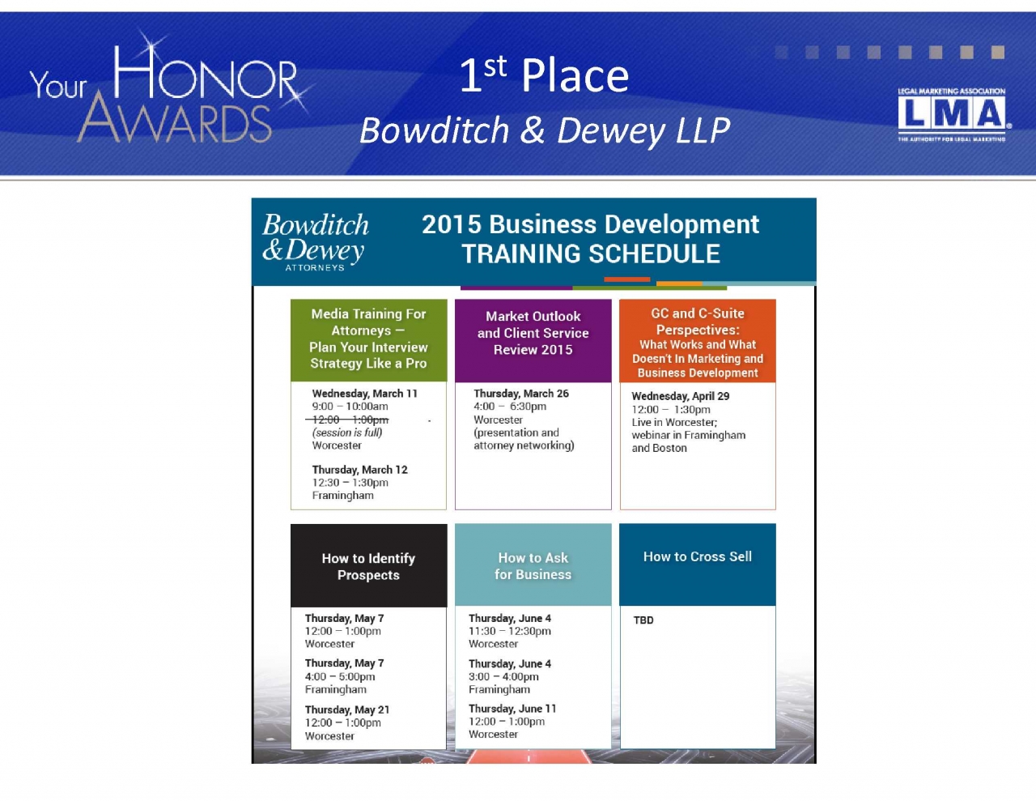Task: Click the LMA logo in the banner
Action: pos(952,114)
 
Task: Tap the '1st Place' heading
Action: pos(544,75)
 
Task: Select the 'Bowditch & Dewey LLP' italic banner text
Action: pos(545,130)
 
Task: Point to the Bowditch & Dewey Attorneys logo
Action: pos(315,241)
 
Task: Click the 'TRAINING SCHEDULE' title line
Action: pos(591,254)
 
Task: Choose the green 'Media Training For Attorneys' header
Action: pos(368,340)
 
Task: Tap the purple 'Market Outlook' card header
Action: pos(533,340)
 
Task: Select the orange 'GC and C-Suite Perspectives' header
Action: pos(698,341)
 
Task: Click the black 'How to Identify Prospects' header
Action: pos(368,565)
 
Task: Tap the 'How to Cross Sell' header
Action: pos(698,565)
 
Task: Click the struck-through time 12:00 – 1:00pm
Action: pos(347,420)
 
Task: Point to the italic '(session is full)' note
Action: pos(347,432)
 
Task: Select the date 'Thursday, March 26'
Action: pos(521,394)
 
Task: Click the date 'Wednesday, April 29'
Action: pos(681,396)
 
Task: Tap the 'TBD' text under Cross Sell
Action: pos(643,620)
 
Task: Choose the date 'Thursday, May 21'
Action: pos(347,709)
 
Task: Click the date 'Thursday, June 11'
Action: pos(512,709)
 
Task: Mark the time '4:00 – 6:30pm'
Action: pos(510,407)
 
